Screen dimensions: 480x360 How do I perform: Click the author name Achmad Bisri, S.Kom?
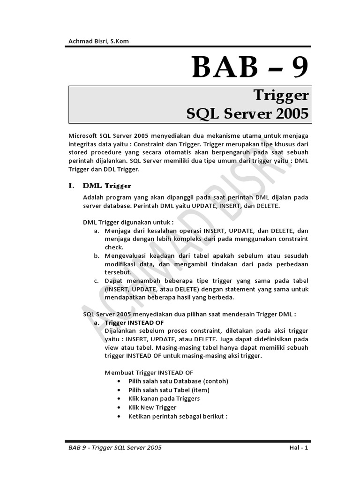(98, 41)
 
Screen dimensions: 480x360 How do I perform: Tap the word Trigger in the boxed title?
(281, 95)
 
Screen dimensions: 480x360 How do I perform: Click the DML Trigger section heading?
(107, 186)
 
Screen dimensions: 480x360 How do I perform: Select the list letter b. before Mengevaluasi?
(96, 255)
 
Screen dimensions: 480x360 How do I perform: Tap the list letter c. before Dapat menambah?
(96, 280)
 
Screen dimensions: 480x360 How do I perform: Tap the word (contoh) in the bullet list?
(214, 381)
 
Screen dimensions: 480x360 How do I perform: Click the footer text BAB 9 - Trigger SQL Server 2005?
(115, 448)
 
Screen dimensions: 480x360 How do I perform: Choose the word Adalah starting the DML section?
(93, 197)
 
